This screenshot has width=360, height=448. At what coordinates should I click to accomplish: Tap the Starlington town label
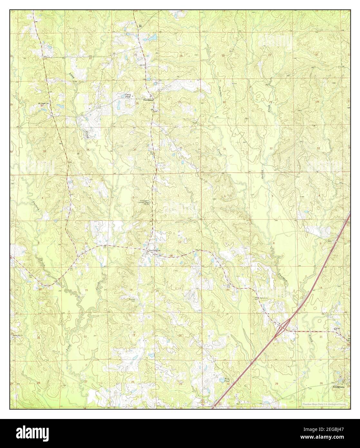pyautogui.click(x=154, y=250)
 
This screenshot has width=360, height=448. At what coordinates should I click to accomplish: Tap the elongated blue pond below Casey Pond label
pyautogui.click(x=119, y=105)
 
